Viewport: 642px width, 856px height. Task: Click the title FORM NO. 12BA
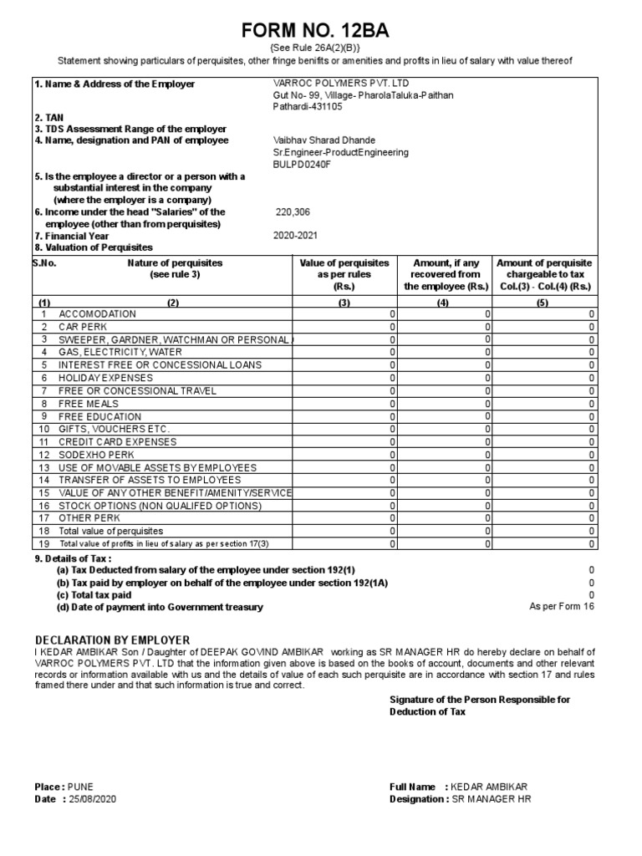(x=315, y=31)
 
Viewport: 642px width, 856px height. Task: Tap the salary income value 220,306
(x=292, y=212)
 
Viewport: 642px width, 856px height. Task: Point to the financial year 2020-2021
(x=295, y=236)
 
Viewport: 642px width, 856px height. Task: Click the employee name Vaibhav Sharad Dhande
(x=324, y=140)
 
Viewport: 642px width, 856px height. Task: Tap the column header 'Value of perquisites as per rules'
(x=344, y=274)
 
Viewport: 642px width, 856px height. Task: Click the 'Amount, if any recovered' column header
(x=445, y=274)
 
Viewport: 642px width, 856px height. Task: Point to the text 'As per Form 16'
(x=562, y=607)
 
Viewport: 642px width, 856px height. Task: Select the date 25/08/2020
(x=99, y=799)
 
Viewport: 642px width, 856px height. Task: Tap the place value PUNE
(x=80, y=787)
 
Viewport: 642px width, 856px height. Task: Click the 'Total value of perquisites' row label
(x=110, y=531)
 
